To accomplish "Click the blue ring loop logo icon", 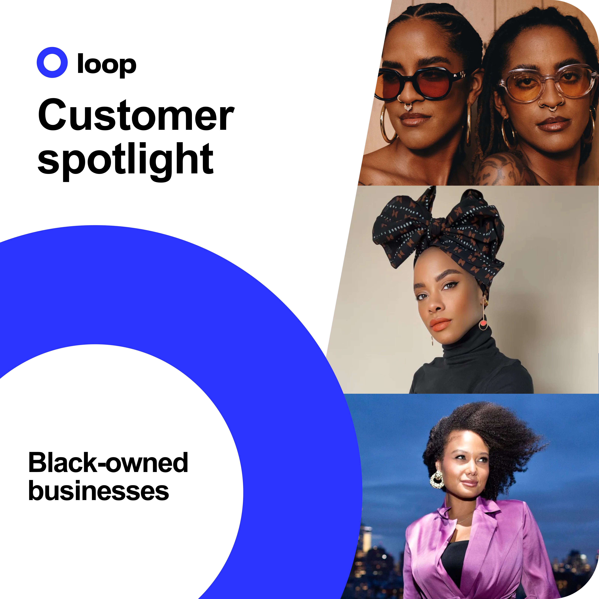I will click(x=52, y=62).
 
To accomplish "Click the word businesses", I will click(x=99, y=491).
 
